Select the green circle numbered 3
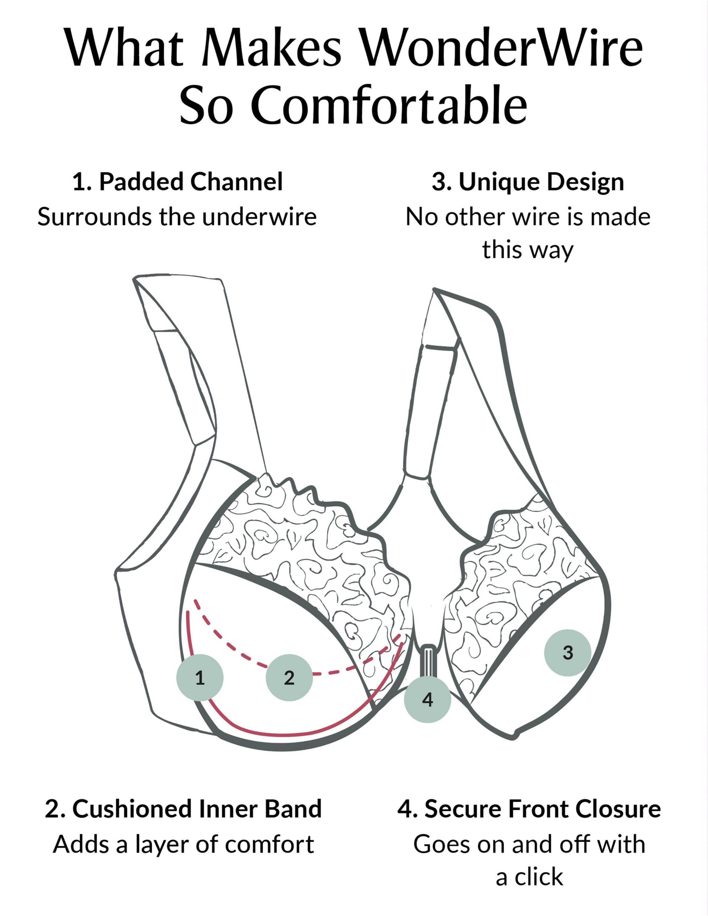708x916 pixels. (567, 653)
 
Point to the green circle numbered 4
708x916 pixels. (427, 699)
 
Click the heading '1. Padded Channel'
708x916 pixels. (178, 182)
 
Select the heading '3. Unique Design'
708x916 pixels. (528, 182)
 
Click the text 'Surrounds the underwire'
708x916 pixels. (177, 217)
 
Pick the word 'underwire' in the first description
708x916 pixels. (259, 217)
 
